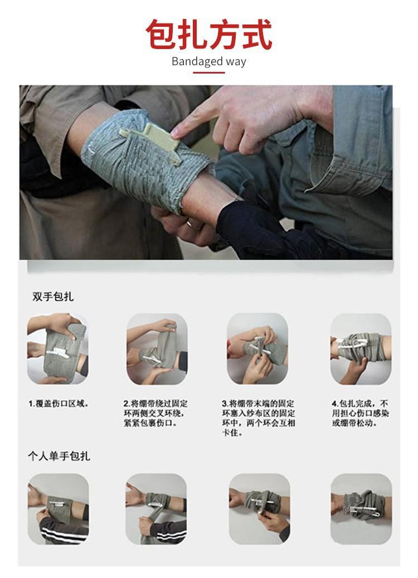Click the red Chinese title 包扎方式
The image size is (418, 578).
(x=209, y=35)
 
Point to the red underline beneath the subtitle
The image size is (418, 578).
(x=209, y=72)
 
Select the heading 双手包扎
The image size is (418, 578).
(x=53, y=297)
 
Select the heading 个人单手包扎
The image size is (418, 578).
(x=59, y=456)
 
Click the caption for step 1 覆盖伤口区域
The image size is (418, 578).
(x=59, y=404)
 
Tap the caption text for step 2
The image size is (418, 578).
(x=155, y=413)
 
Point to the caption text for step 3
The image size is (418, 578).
(x=259, y=418)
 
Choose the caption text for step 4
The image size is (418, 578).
(x=360, y=413)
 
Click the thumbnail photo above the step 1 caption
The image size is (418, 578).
(x=58, y=348)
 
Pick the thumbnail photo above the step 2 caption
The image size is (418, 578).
(x=157, y=349)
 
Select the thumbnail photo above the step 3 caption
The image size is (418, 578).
(x=257, y=349)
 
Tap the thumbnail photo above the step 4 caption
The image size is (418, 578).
(x=361, y=349)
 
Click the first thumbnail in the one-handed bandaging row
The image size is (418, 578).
(x=58, y=509)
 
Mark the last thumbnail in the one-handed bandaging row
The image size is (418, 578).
(x=361, y=509)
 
